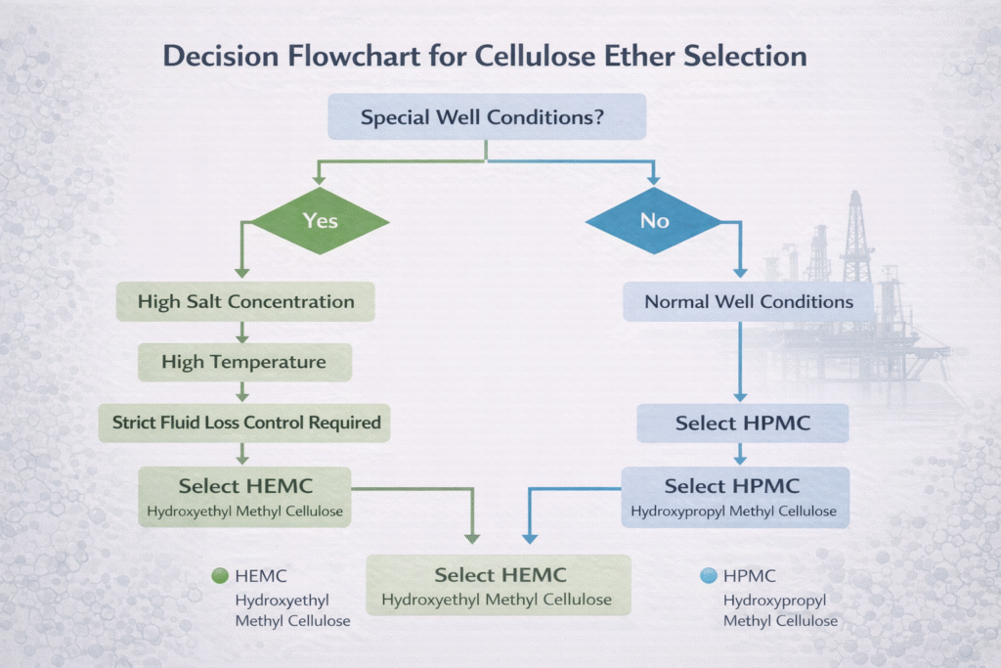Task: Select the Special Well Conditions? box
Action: [486, 118]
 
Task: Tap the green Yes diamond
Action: [320, 221]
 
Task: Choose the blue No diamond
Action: [654, 221]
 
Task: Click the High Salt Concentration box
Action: [245, 301]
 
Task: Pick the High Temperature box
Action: [243, 363]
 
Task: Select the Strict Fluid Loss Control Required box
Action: [244, 423]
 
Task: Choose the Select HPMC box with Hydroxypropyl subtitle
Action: [732, 496]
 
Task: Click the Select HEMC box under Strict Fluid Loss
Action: [244, 496]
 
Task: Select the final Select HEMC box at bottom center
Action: [497, 586]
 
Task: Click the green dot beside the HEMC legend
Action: [220, 576]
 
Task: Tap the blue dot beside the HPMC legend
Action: [709, 576]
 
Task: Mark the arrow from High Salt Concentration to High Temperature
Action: [243, 333]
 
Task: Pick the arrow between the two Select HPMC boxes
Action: [740, 454]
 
